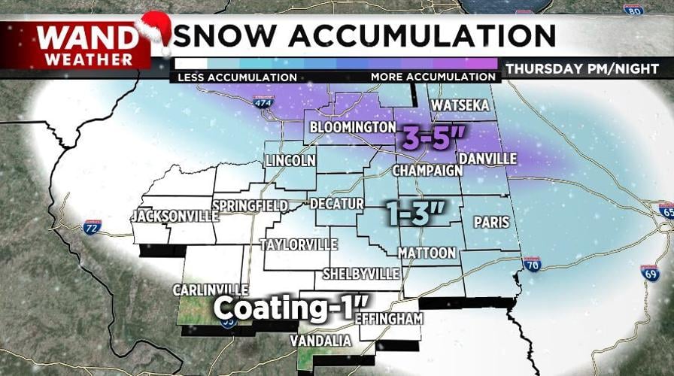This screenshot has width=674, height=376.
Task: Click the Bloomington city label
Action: tap(352, 127)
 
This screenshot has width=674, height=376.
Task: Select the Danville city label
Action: tap(487, 159)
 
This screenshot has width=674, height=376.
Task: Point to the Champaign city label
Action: tap(428, 171)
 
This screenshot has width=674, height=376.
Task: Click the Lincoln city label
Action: tap(290, 161)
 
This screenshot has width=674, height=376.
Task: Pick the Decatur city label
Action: tap(336, 204)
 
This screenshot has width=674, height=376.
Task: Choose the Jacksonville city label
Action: tap(175, 217)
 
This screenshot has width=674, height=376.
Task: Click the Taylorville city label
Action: tap(298, 245)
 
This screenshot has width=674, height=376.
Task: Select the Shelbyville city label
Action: tap(360, 274)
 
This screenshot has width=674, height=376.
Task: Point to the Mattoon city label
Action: tap(427, 253)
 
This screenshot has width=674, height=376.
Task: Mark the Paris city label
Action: tap(491, 223)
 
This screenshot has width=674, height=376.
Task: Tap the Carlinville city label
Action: tap(211, 290)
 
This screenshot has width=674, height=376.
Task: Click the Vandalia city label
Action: tap(320, 341)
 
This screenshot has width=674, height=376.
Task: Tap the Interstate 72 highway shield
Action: tap(92, 227)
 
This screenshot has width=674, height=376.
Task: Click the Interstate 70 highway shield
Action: tap(532, 263)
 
